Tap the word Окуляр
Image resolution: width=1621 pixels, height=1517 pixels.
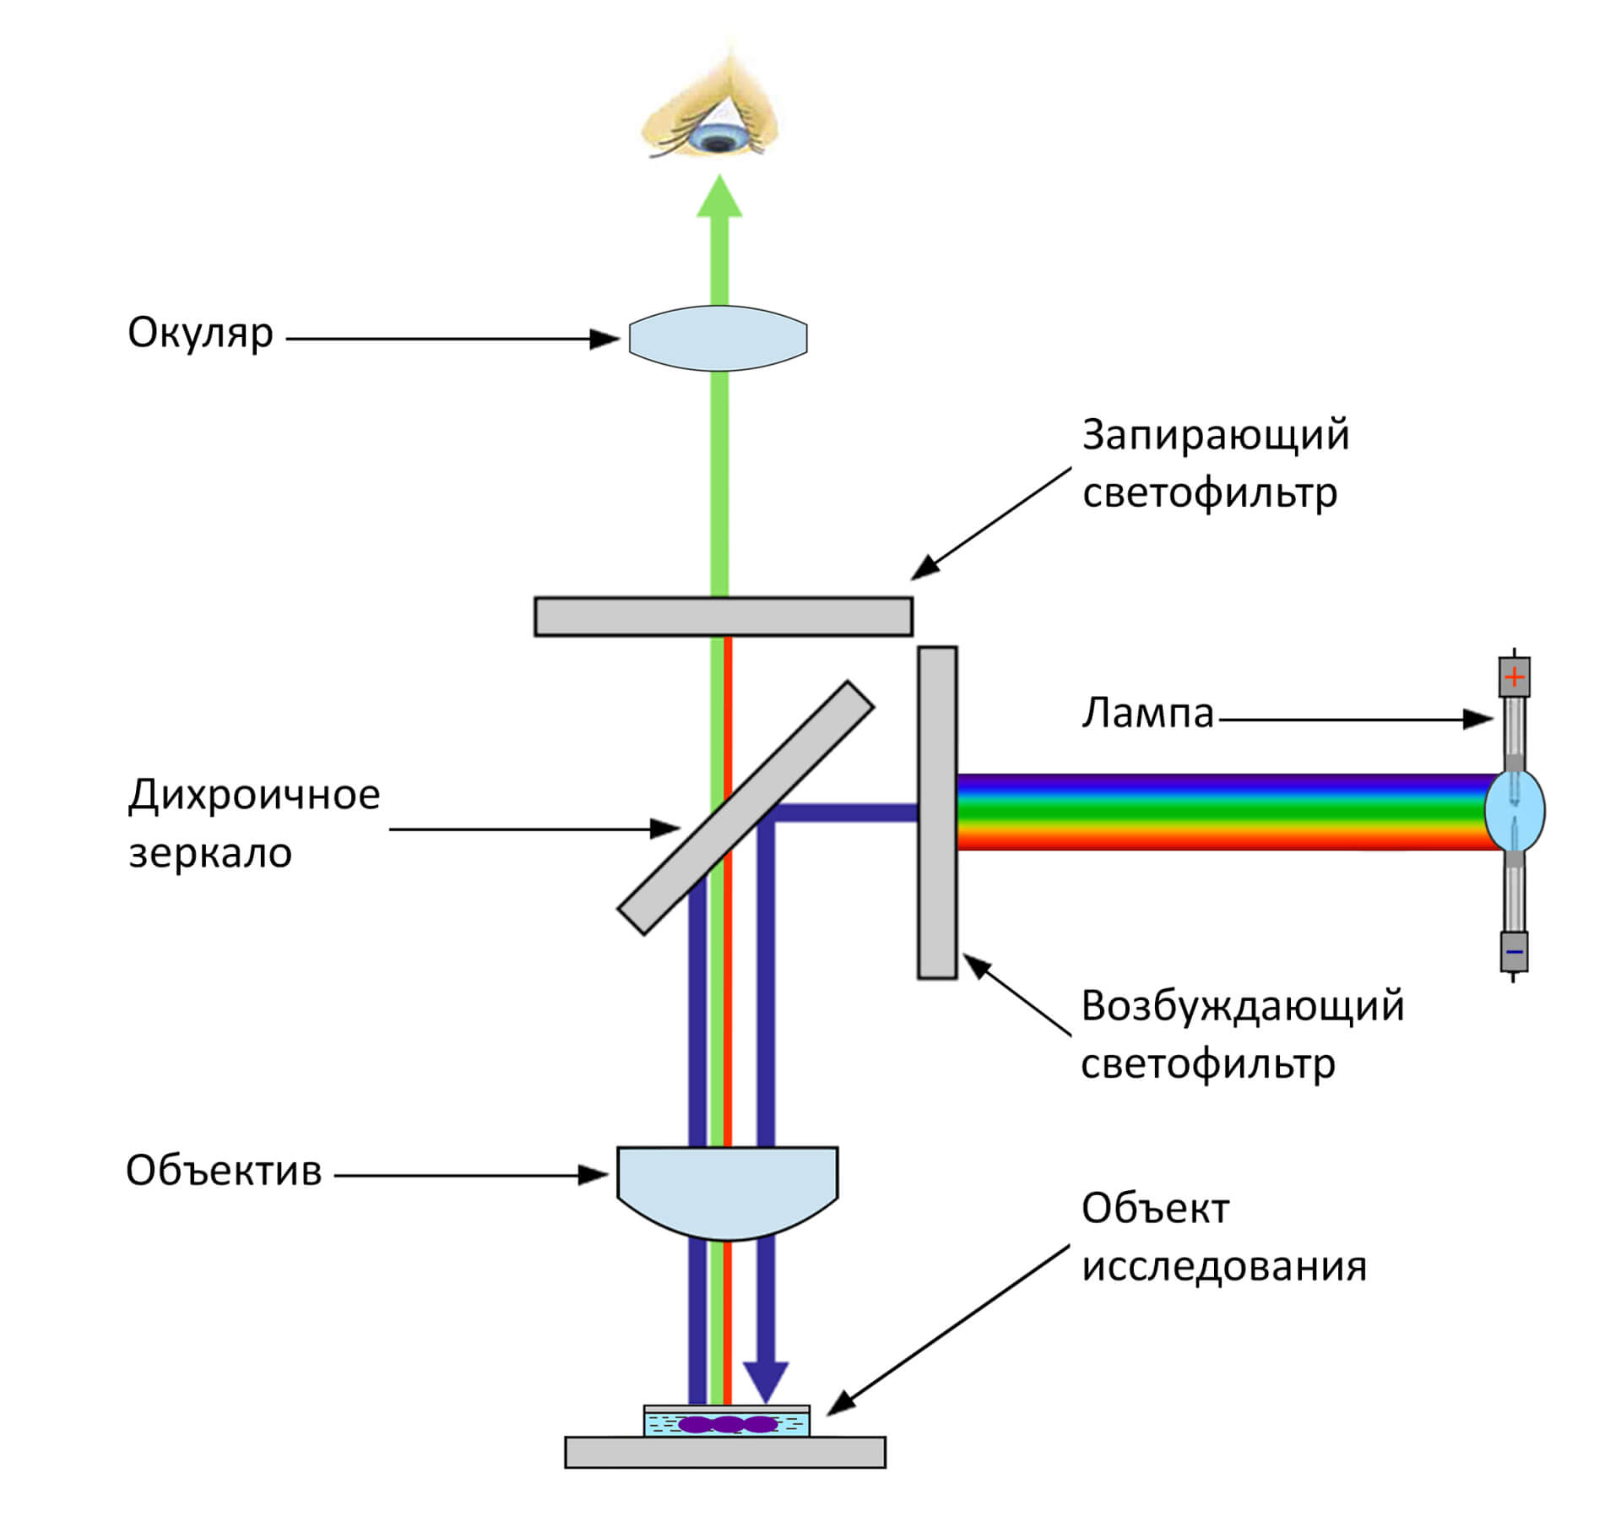tap(200, 334)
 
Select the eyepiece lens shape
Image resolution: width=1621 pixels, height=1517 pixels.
tap(718, 338)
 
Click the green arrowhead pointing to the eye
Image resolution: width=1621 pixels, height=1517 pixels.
tap(719, 198)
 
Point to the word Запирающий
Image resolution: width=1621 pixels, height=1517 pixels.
tap(1215, 435)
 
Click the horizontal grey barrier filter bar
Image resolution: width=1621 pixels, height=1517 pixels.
tap(724, 617)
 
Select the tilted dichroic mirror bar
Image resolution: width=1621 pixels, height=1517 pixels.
tap(745, 808)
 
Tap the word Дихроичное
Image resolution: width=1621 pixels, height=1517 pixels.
tap(254, 795)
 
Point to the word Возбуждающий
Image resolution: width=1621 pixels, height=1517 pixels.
tap(1242, 1006)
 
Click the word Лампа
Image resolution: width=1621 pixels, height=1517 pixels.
tap(1147, 714)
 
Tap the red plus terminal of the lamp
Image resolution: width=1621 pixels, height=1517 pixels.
tap(1515, 677)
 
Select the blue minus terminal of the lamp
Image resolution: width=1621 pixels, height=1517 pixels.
tap(1515, 952)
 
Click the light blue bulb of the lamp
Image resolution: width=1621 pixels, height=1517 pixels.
tap(1515, 810)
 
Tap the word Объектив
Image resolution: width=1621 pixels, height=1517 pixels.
tap(224, 1172)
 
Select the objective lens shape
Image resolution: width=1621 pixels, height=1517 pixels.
tap(727, 1187)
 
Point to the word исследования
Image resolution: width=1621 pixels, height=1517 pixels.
tap(1223, 1267)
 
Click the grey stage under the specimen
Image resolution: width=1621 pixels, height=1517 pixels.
tap(725, 1452)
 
